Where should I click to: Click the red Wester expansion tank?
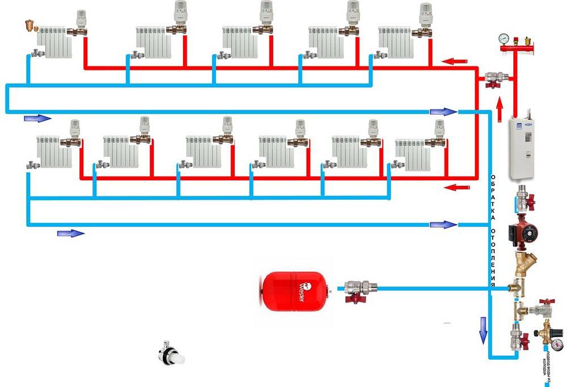[291, 290]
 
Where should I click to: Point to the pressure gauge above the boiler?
[502, 39]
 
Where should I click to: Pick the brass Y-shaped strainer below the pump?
[521, 263]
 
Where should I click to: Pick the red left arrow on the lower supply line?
[457, 187]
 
